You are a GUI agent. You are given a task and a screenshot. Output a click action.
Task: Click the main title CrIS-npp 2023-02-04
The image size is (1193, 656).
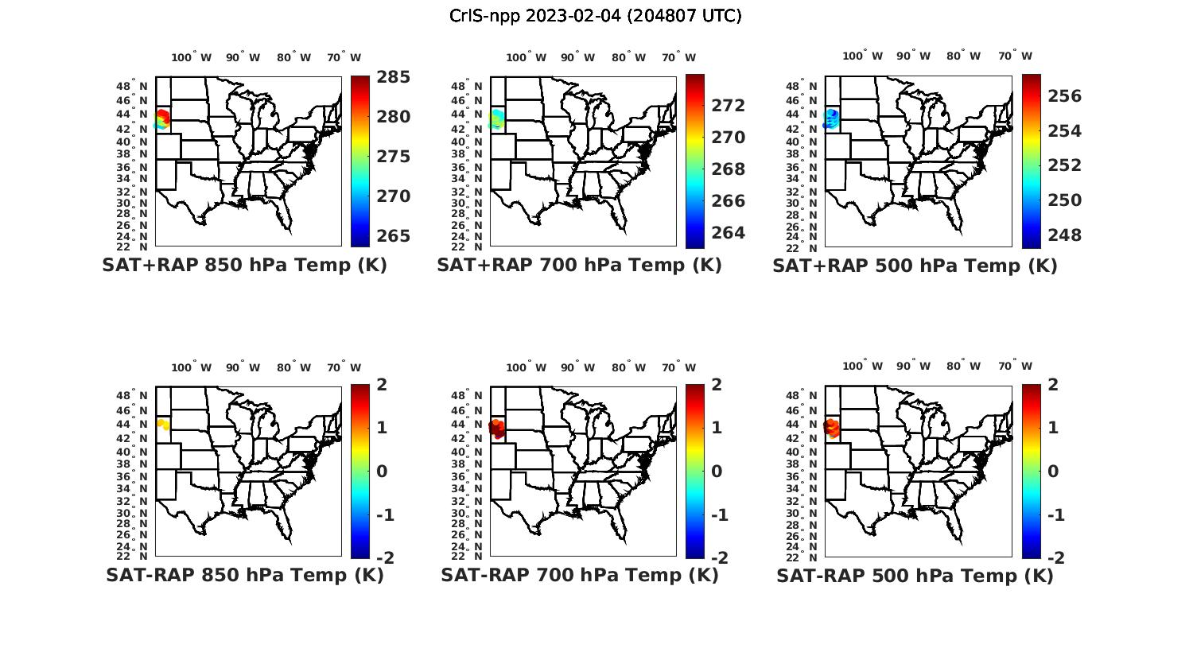[x=595, y=16]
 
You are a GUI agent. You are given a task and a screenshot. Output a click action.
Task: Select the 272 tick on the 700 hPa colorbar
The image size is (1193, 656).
[x=728, y=106]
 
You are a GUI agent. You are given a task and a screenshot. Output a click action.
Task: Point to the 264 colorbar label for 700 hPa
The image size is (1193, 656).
[x=728, y=233]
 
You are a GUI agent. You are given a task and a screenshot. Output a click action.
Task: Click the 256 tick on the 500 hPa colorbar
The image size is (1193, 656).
[x=1064, y=96]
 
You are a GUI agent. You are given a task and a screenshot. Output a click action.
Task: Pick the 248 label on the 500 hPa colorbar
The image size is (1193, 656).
[x=1064, y=235]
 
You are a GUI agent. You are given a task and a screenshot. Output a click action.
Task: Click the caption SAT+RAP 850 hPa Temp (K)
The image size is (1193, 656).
[x=244, y=266]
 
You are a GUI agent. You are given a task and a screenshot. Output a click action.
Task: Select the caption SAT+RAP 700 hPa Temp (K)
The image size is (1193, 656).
[x=579, y=266]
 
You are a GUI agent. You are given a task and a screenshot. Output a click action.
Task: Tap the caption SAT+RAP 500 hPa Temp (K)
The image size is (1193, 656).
[x=915, y=266]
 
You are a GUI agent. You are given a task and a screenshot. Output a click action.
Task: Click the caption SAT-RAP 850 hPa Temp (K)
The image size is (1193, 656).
[x=244, y=575]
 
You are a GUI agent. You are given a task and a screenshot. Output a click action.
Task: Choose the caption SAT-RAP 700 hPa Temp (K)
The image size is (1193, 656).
[x=579, y=575]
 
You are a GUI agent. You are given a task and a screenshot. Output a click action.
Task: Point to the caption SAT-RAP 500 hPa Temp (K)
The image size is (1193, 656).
[x=915, y=575]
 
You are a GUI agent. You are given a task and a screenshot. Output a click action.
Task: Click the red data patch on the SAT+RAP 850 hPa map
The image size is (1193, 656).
[x=163, y=118]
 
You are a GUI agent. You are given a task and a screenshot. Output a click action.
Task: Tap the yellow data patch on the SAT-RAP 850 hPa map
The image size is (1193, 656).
[x=163, y=425]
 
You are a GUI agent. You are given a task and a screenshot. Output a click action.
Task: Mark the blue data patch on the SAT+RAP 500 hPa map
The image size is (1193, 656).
[x=832, y=118]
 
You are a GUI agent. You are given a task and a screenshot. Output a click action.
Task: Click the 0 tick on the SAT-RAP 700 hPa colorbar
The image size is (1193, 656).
[x=717, y=472]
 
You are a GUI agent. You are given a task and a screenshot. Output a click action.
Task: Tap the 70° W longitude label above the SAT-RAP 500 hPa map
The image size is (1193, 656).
[x=1015, y=367]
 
